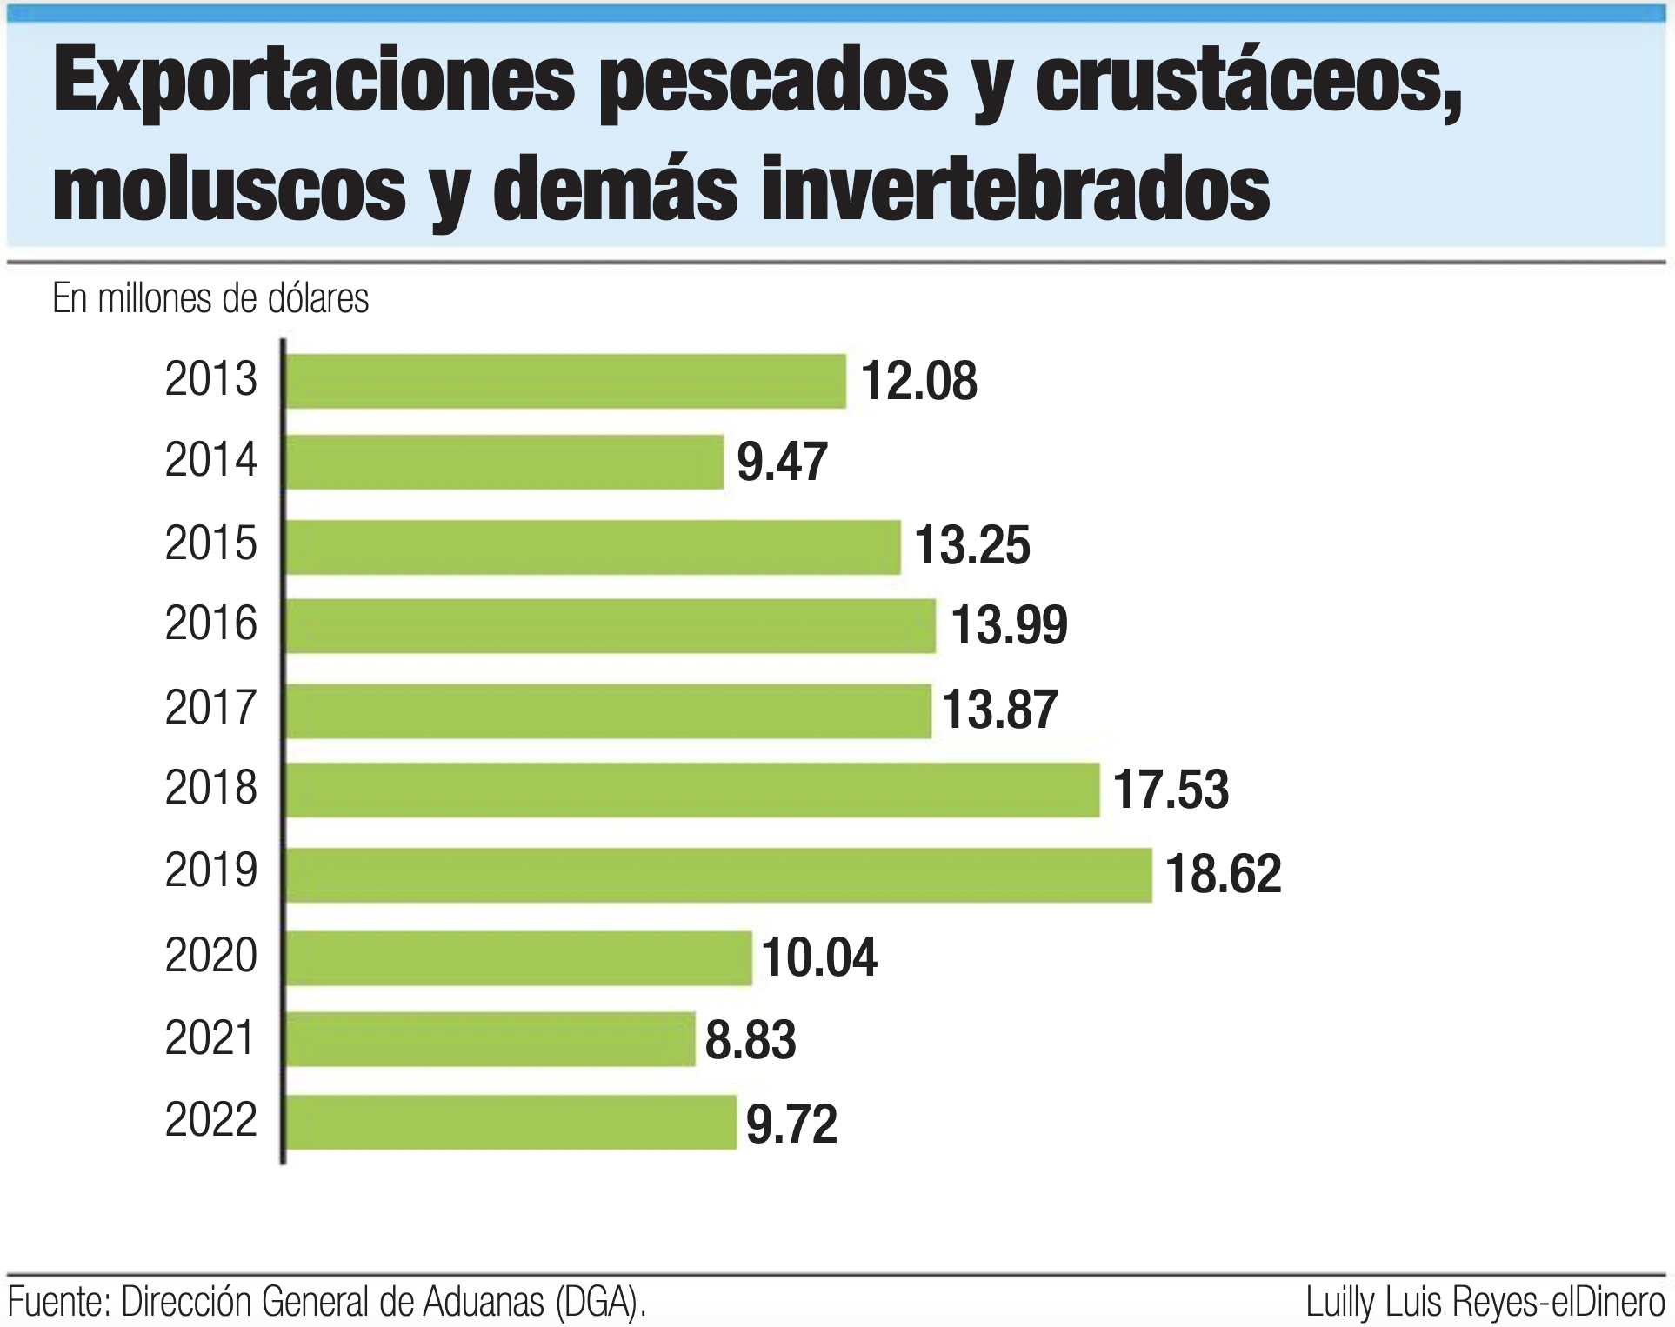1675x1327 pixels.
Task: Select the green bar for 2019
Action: (x=718, y=874)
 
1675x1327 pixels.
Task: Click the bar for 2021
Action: (x=490, y=1038)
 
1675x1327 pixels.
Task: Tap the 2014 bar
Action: (x=504, y=462)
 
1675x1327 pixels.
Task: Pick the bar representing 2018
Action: (x=692, y=790)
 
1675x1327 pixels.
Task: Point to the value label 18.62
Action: (x=1223, y=874)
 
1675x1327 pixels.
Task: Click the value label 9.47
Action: (x=782, y=462)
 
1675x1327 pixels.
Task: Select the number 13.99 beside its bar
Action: (x=1009, y=625)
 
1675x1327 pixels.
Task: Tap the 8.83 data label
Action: (x=750, y=1040)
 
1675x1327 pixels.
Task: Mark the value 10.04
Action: (x=819, y=957)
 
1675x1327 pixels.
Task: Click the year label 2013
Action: (x=211, y=380)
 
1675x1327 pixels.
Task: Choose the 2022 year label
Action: (x=211, y=1120)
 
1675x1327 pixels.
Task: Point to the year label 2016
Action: (x=211, y=623)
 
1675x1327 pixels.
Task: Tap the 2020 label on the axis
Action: (x=211, y=956)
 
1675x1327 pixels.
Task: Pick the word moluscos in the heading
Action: (x=230, y=189)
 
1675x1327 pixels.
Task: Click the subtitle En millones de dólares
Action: (x=210, y=299)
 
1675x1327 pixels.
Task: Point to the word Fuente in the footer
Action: (x=57, y=1303)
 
